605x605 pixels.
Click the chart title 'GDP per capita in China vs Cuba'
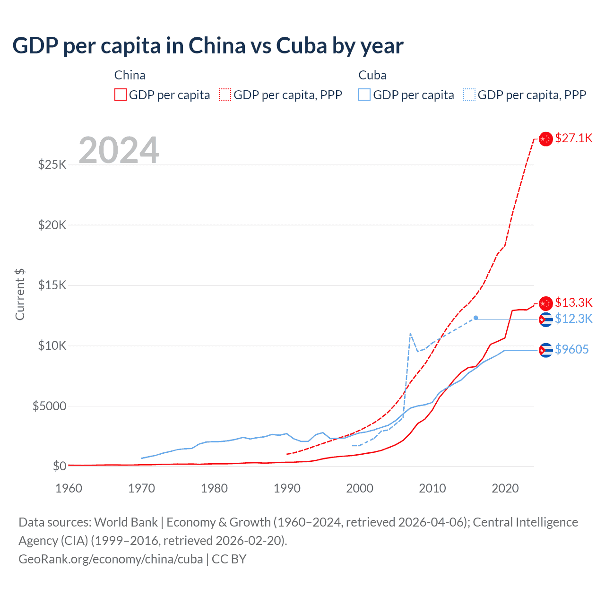pyautogui.click(x=207, y=46)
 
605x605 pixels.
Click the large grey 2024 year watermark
pyautogui.click(x=119, y=150)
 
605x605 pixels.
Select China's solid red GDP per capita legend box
pyautogui.click(x=121, y=95)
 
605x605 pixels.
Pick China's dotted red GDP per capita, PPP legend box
pyautogui.click(x=225, y=95)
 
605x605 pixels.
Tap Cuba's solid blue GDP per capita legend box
pyautogui.click(x=364, y=95)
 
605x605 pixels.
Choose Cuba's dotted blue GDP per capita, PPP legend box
pyautogui.click(x=469, y=95)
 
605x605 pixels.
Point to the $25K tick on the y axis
pyautogui.click(x=52, y=164)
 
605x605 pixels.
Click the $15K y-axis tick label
pyautogui.click(x=52, y=285)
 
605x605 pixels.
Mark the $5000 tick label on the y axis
pyautogui.click(x=49, y=406)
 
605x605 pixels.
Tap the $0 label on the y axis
pyautogui.click(x=59, y=466)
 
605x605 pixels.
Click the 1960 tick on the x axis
pyautogui.click(x=69, y=488)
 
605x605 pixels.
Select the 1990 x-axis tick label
pyautogui.click(x=287, y=488)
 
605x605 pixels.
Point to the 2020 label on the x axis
pyautogui.click(x=505, y=488)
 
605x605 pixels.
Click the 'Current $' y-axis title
pyautogui.click(x=20, y=294)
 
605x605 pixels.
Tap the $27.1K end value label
pyautogui.click(x=573, y=138)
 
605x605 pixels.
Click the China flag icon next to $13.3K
pyautogui.click(x=546, y=303)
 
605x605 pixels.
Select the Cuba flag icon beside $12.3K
pyautogui.click(x=546, y=320)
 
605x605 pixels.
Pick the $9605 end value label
pyautogui.click(x=571, y=349)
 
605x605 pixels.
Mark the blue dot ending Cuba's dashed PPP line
pyautogui.click(x=475, y=318)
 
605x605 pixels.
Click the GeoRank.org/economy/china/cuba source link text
pyautogui.click(x=111, y=559)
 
